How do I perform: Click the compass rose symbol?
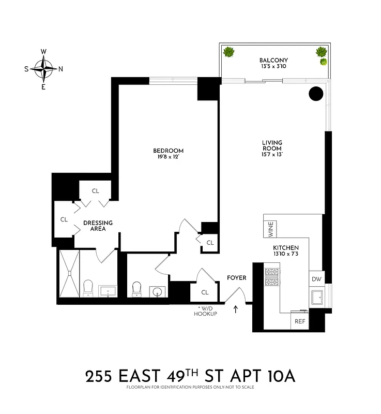pos(43,68)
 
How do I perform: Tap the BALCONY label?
pos(273,60)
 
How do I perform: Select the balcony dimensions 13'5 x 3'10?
pos(273,67)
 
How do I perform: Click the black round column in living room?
pos(316,94)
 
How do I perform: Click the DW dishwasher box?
pos(316,279)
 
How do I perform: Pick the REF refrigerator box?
pos(300,321)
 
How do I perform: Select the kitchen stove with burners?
pos(272,277)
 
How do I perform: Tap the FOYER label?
pos(237,278)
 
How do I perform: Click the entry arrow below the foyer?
pos(236,309)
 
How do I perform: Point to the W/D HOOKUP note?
pos(205,312)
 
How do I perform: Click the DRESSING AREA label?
pos(98,226)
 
